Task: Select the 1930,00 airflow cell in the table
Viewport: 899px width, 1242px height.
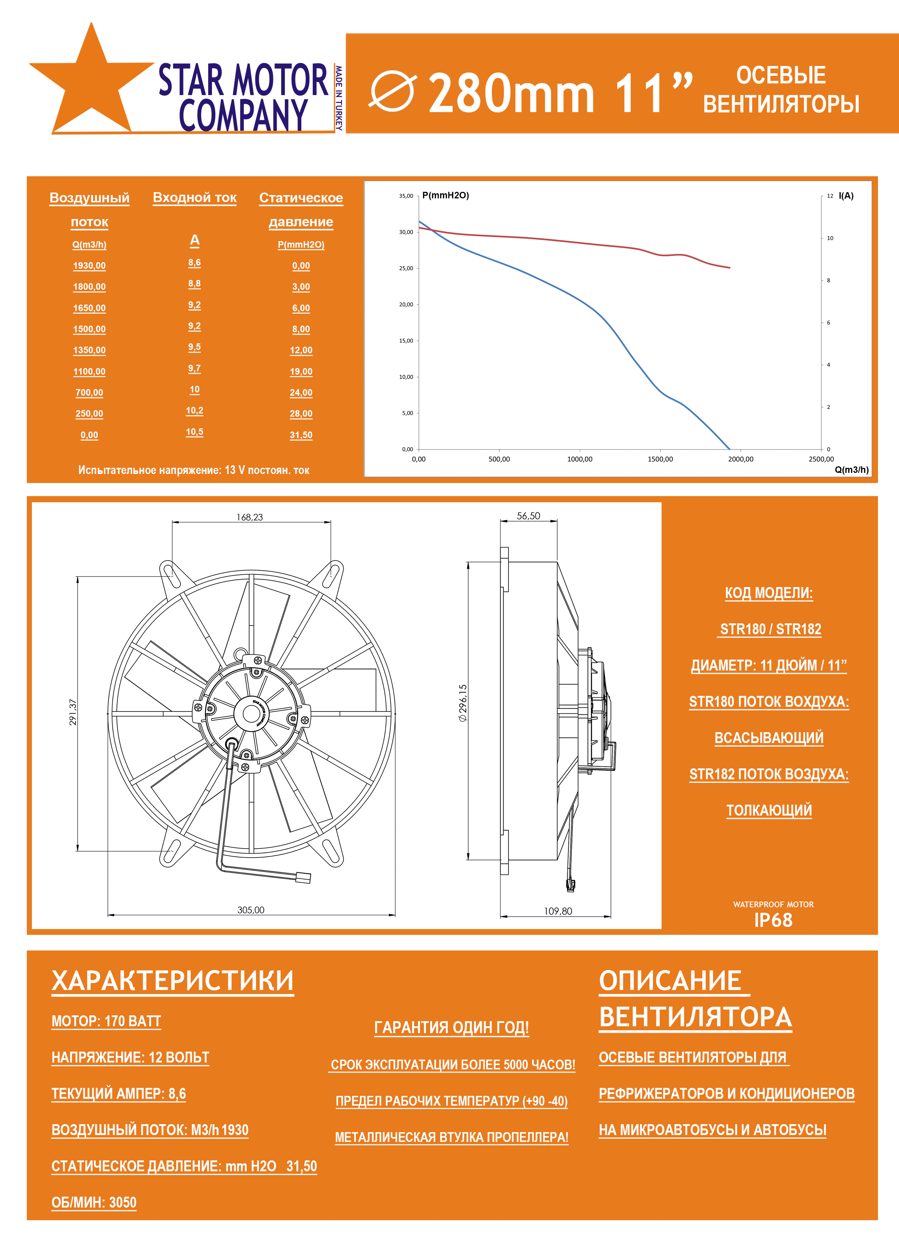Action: tap(89, 265)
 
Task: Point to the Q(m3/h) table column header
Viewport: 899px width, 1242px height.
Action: tap(89, 244)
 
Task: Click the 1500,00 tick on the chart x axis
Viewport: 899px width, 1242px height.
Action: tap(660, 459)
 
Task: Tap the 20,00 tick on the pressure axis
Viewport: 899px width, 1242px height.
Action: tap(406, 305)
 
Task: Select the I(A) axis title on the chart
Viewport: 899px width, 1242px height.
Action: tap(846, 195)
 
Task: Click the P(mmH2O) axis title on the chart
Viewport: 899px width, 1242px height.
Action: tap(446, 195)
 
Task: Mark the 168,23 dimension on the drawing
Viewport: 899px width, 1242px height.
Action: tap(250, 517)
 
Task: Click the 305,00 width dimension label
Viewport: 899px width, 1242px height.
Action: tap(251, 909)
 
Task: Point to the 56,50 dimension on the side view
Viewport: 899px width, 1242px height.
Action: tap(528, 516)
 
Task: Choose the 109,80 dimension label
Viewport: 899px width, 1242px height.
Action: tap(558, 911)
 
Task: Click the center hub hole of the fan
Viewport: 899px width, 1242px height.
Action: tap(251, 713)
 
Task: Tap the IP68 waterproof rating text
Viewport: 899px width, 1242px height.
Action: tap(773, 920)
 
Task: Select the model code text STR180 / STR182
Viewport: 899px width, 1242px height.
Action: tap(770, 629)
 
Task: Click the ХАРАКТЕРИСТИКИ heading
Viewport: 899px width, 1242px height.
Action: tap(173, 980)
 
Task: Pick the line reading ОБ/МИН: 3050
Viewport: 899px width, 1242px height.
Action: tap(94, 1202)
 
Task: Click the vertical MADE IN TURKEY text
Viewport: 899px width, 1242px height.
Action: tap(339, 98)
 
